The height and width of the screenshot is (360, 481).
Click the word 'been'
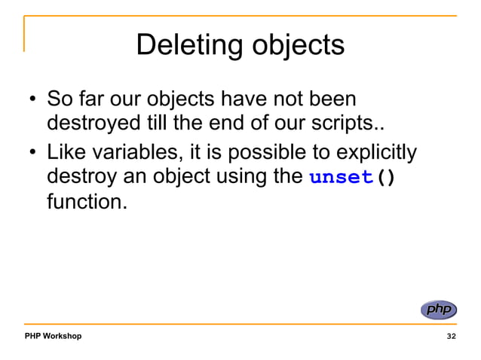pos(333,99)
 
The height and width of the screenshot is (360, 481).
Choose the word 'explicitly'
pos(375,153)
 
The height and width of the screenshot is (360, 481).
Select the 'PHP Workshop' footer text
pos(52,335)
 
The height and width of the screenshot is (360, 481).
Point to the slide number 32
pos(451,335)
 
